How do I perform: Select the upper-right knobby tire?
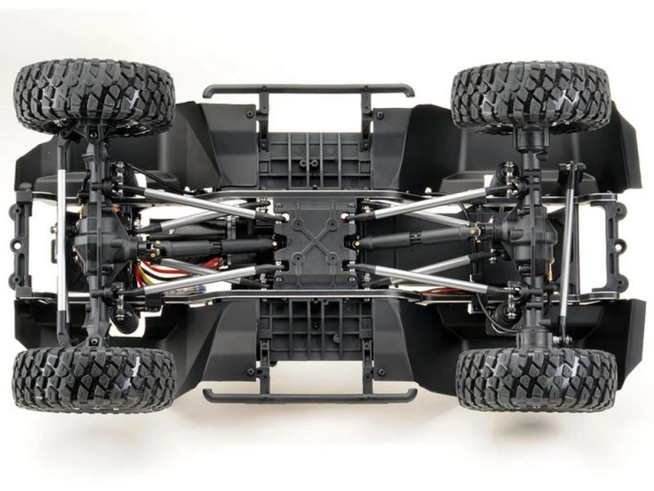tap(531, 96)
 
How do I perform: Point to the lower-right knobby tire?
tap(536, 378)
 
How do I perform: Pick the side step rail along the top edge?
tap(308, 89)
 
